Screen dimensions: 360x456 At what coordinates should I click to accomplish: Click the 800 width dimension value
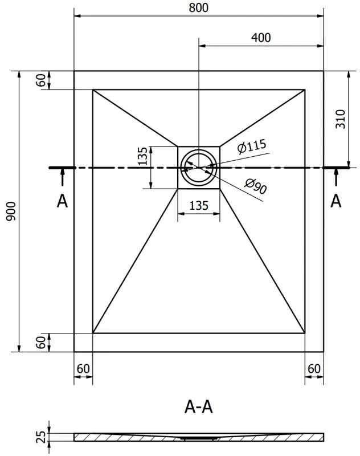coord(198,8)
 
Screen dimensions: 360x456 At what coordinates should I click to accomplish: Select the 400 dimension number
coord(261,38)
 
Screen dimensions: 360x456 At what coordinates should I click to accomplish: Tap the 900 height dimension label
coord(11,211)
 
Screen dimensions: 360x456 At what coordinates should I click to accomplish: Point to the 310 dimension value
coord(340,119)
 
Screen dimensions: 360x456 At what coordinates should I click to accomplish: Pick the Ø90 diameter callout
coord(255,186)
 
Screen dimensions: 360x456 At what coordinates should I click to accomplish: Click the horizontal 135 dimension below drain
coord(199,206)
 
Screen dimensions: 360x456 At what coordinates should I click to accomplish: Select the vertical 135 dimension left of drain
coord(142,156)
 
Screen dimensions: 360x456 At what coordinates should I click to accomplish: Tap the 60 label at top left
coord(41,80)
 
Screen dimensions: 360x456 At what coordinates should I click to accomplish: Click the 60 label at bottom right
coord(314,369)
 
